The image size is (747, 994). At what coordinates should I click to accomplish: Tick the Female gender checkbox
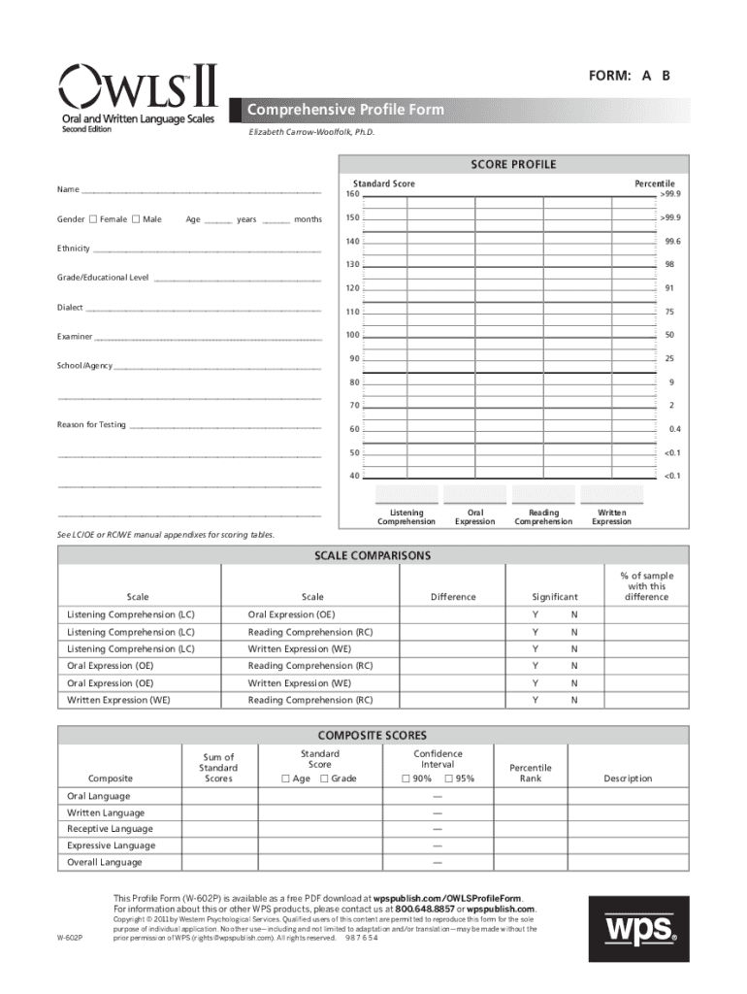coord(92,219)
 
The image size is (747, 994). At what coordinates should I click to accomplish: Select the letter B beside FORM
coord(666,77)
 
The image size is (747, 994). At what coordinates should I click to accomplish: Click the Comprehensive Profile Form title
coord(346,110)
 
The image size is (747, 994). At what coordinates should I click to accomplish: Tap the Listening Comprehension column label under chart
coord(406,516)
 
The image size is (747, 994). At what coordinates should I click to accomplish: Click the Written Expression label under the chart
coord(611,516)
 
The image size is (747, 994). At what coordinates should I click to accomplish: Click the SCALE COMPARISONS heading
coord(373,555)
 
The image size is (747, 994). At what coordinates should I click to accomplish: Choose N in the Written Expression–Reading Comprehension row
coord(573,700)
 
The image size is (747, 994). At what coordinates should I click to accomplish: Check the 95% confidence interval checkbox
coord(449,779)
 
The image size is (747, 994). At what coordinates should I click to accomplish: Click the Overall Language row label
coord(104,862)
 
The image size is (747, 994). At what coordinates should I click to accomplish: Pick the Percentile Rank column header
coord(531,773)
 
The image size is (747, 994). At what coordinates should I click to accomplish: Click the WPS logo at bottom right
coord(641,929)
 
